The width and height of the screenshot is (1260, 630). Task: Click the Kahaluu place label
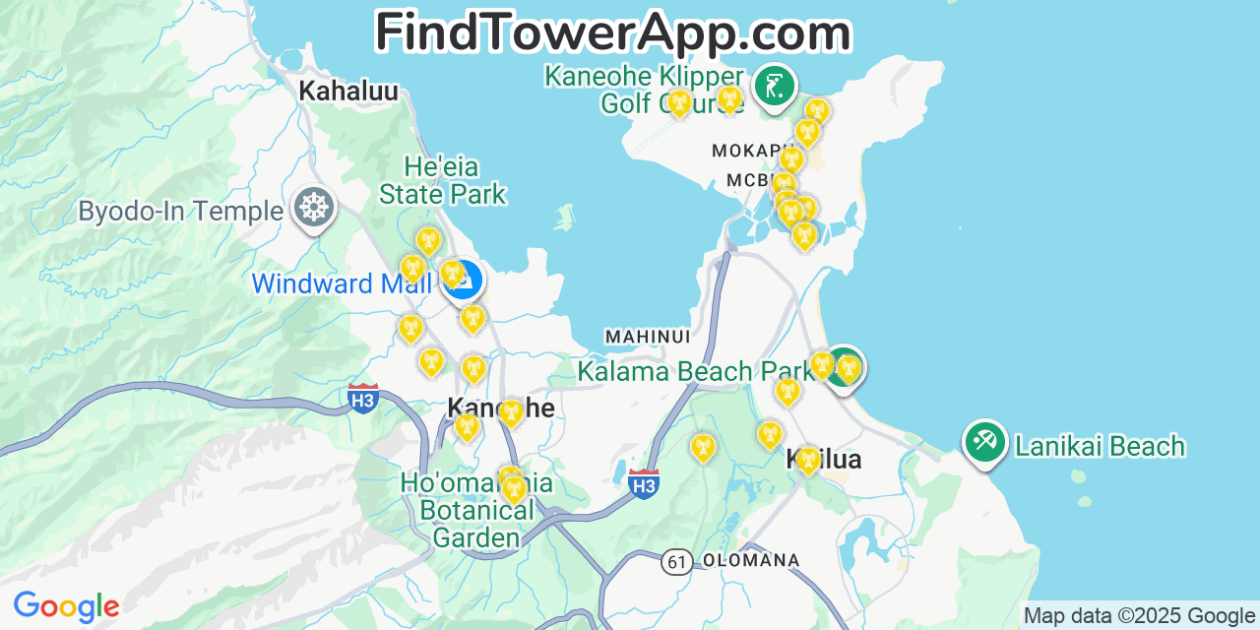point(348,92)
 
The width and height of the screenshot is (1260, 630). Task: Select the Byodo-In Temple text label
point(180,211)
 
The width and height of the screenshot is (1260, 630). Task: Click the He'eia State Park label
point(442,180)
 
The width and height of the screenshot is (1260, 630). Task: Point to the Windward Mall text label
point(342,284)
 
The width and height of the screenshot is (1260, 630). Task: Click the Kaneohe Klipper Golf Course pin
point(774,86)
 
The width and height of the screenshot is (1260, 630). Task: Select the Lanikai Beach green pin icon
point(984,442)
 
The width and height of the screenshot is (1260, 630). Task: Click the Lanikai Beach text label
point(1100,447)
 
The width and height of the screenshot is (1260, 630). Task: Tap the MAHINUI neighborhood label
point(647,337)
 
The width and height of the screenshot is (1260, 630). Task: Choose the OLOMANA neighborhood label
point(750,560)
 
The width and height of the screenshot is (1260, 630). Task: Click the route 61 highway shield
point(676,561)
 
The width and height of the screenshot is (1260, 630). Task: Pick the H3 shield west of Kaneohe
point(363,399)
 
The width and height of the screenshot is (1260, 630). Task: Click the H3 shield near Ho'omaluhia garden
point(644,483)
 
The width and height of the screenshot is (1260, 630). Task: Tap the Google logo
point(66,606)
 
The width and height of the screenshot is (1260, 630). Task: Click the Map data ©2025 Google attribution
point(1140,616)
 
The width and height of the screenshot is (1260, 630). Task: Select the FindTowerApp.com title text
point(612,32)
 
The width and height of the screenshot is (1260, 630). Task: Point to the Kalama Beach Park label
point(694,371)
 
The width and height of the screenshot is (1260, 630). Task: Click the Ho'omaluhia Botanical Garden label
point(476,510)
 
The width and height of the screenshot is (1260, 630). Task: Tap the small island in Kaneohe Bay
point(564,217)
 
